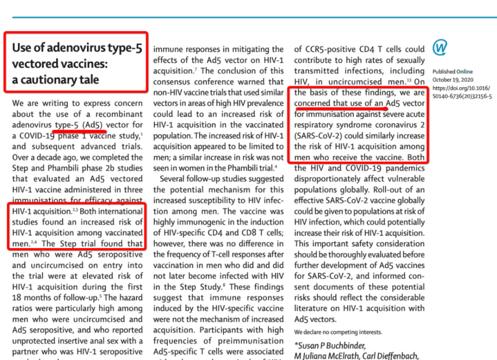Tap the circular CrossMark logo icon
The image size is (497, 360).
tap(439, 47)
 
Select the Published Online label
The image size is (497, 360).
tap(452, 72)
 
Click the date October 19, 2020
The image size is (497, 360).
tap(453, 80)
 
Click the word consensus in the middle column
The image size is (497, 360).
tap(176, 82)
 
